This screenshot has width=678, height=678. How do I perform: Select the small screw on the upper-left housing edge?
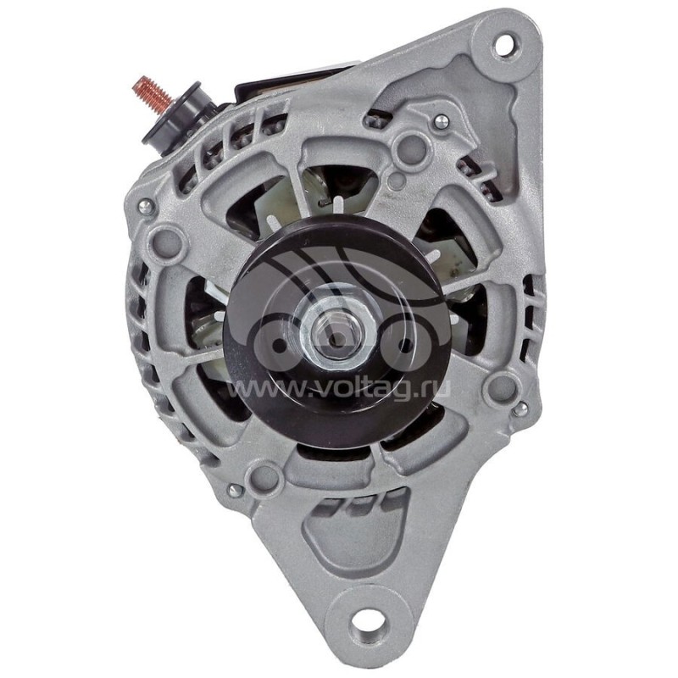tap(144, 205)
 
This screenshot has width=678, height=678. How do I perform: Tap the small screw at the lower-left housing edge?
tap(235, 489)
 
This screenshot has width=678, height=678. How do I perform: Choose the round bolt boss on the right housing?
tap(502, 388)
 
